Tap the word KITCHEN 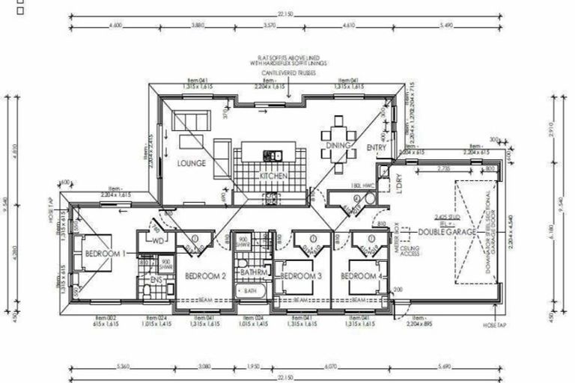click(274, 176)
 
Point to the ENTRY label click(376, 149)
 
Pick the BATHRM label click(252, 272)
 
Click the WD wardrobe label click(158, 242)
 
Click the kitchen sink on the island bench click(272, 155)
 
